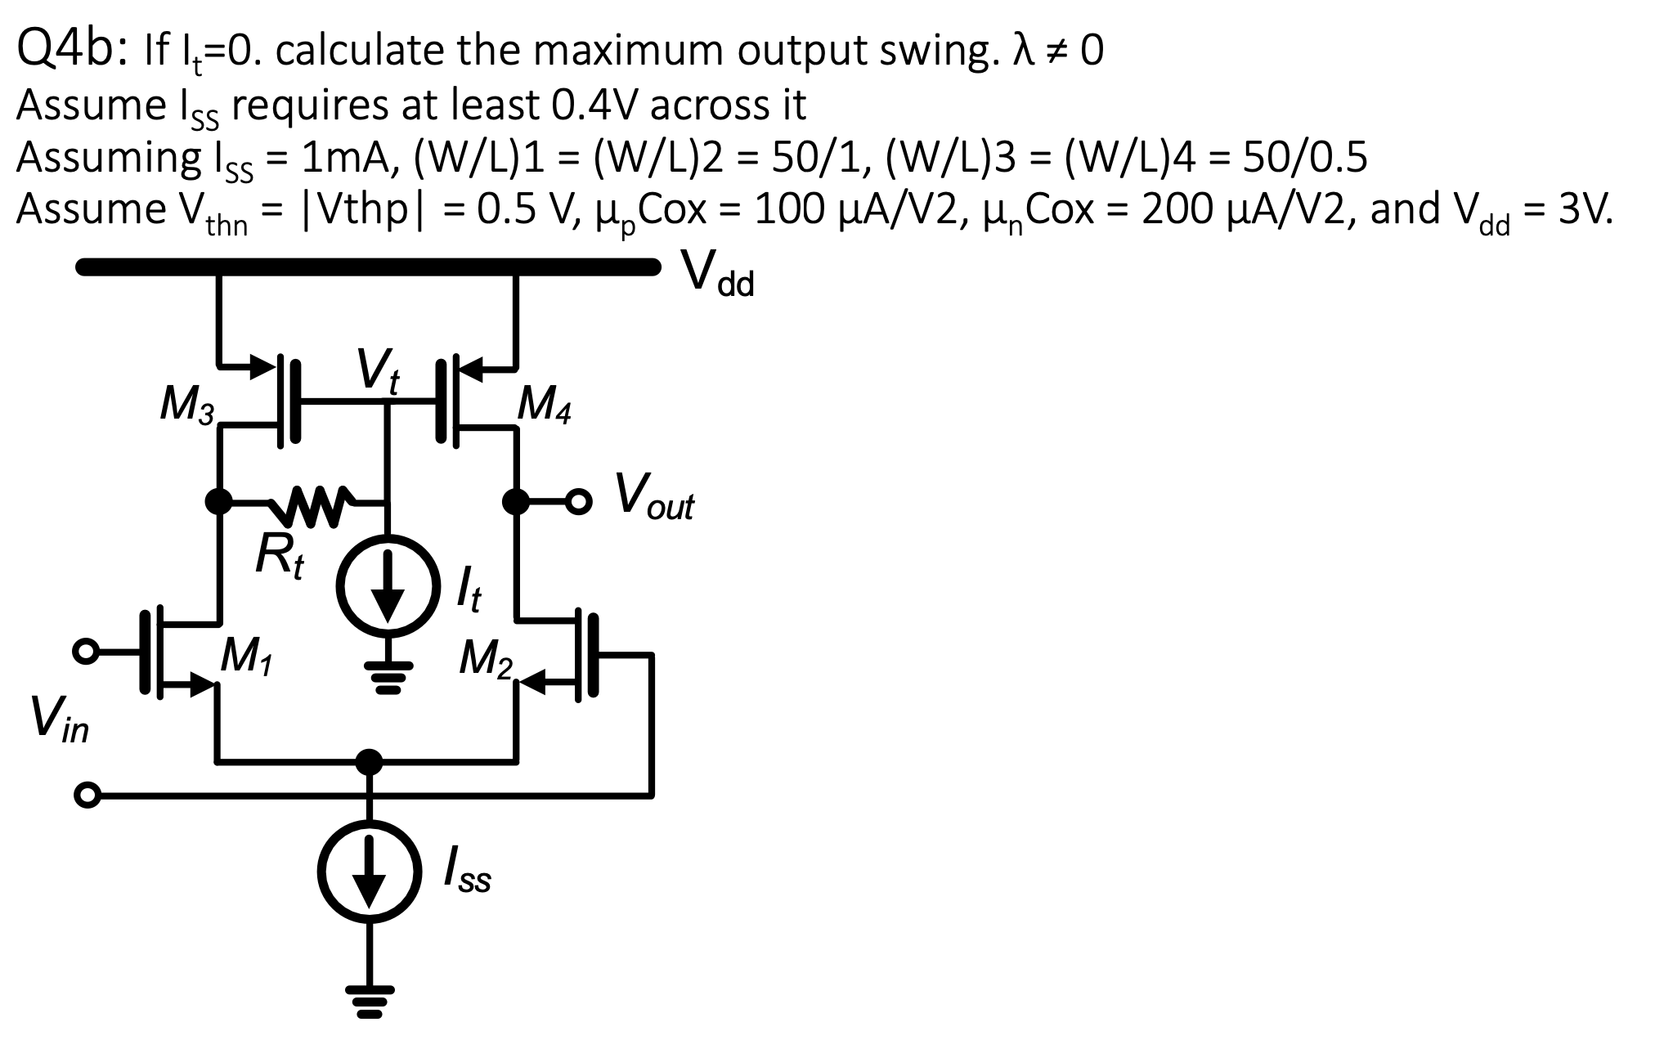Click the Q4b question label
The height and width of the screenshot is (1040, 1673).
click(x=69, y=50)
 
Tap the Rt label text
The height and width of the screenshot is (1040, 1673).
click(x=278, y=556)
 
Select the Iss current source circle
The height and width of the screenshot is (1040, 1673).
click(x=370, y=870)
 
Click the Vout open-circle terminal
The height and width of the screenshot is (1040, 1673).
click(x=579, y=501)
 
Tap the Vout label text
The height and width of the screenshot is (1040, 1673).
click(x=654, y=496)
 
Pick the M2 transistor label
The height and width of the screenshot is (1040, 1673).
click(x=485, y=658)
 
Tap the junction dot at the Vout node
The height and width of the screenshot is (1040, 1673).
click(x=515, y=501)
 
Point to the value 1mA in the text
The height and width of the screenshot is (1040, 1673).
click(x=344, y=157)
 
